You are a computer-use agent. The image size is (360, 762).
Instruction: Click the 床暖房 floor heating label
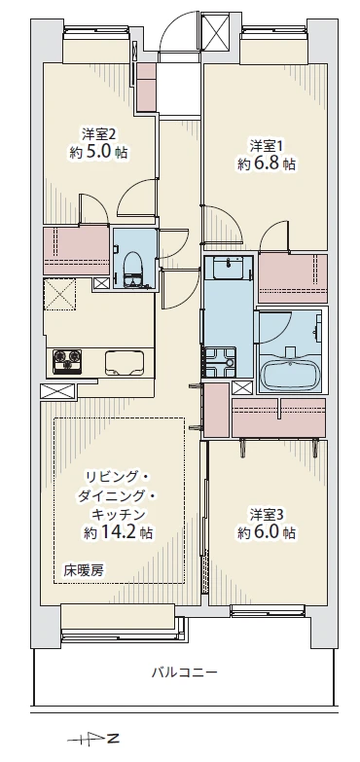(84, 569)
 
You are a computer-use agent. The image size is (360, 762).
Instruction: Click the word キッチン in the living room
(119, 513)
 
